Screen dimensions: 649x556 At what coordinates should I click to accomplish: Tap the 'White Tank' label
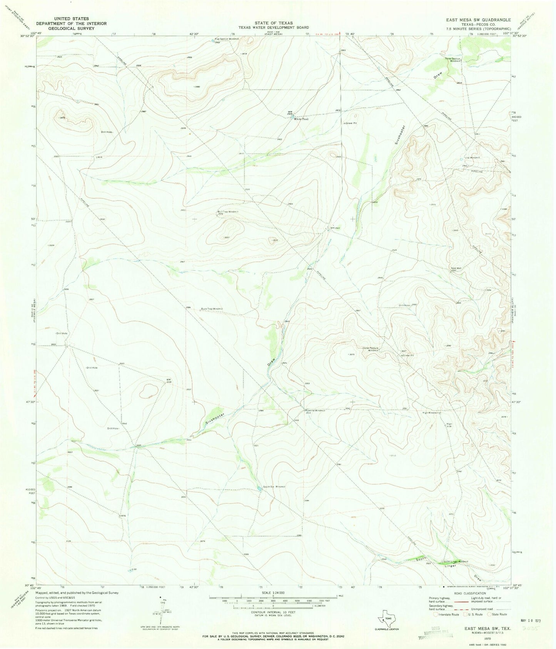click(x=301, y=119)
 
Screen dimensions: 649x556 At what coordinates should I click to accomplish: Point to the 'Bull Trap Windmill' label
click(x=228, y=212)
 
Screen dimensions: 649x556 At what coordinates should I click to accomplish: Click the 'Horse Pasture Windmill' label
click(x=371, y=350)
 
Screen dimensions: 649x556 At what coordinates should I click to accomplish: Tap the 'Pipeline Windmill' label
click(x=316, y=410)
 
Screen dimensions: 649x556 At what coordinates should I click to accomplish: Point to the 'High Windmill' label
click(x=431, y=413)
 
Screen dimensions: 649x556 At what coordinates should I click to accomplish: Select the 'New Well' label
click(x=456, y=268)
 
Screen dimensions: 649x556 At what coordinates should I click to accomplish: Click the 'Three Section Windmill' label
click(x=453, y=60)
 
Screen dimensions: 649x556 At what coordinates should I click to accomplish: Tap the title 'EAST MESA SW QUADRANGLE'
click(x=478, y=20)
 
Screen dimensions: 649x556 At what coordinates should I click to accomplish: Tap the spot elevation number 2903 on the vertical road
click(x=343, y=50)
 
